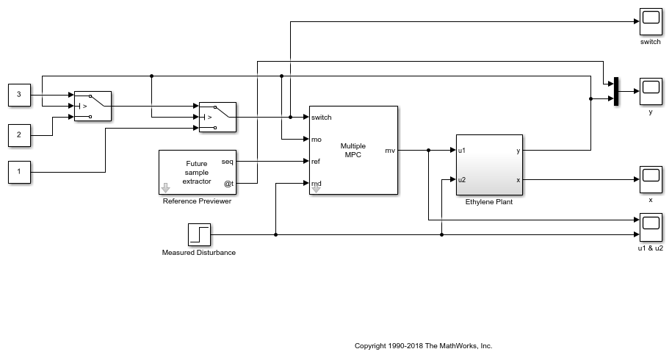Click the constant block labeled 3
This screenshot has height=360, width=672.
point(19,95)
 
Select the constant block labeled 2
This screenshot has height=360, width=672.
point(19,135)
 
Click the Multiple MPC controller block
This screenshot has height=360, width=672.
point(353,150)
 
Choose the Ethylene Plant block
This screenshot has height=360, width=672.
point(488,165)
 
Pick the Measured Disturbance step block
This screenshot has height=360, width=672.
point(198,235)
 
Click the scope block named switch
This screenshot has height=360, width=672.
point(650,22)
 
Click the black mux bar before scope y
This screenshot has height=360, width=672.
point(617,91)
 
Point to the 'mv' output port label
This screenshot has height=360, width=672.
point(390,151)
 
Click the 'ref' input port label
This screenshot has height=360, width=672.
point(316,162)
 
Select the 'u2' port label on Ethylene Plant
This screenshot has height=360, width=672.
point(462,180)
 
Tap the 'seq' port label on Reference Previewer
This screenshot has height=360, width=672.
point(228,162)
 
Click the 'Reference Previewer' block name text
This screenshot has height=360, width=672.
point(197,201)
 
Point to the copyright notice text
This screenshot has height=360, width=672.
point(423,345)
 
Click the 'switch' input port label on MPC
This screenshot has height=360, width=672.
point(322,118)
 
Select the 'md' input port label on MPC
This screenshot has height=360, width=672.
point(316,184)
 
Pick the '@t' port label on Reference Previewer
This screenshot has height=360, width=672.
point(228,183)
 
